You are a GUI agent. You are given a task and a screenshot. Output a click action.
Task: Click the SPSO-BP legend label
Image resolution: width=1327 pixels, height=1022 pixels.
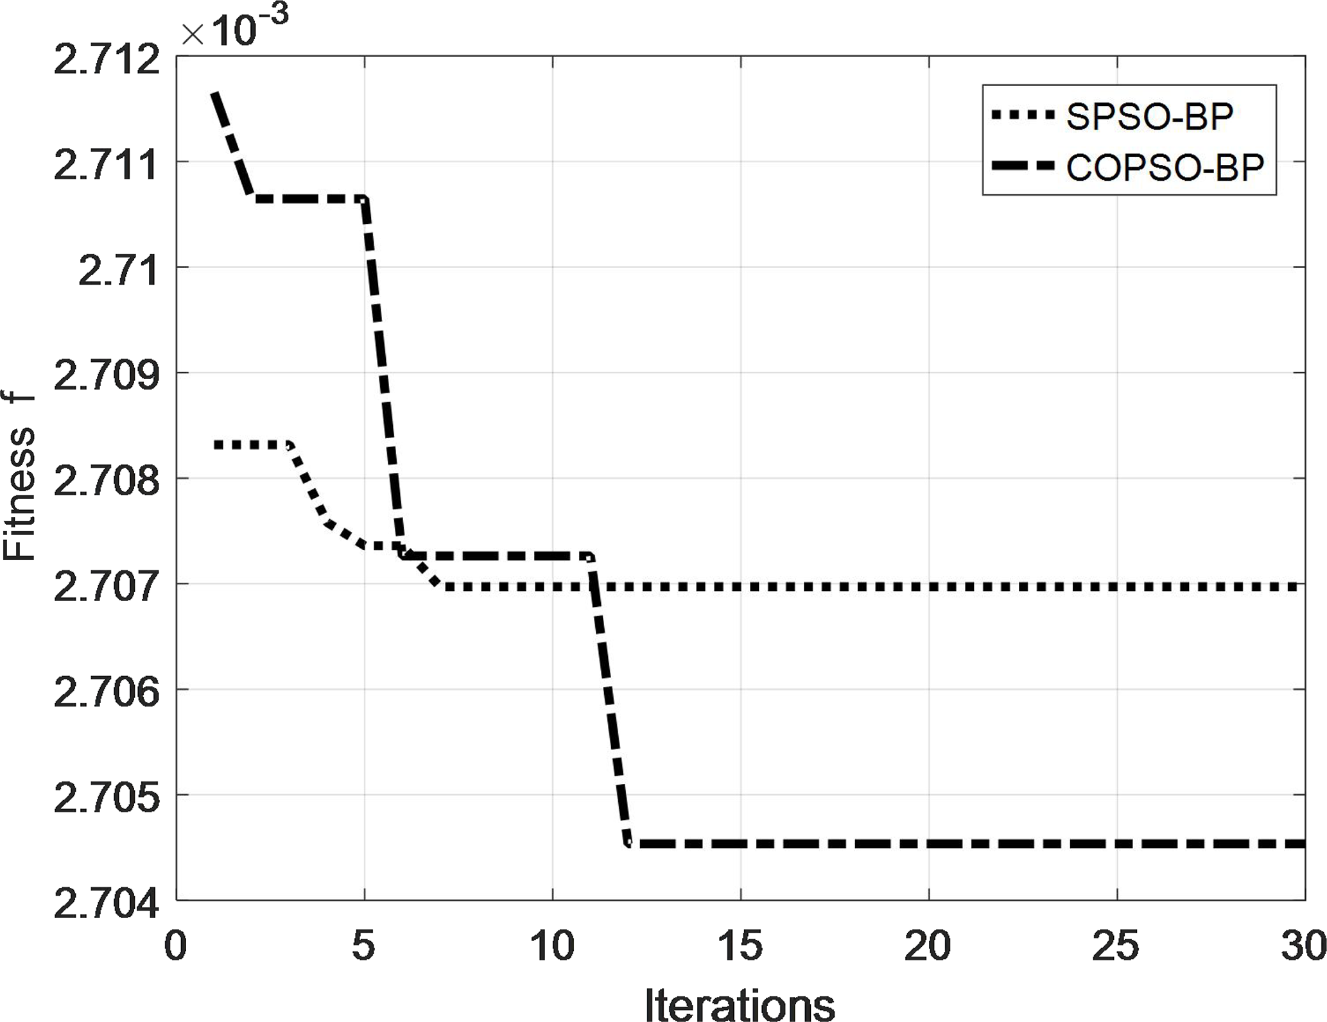coord(1149,116)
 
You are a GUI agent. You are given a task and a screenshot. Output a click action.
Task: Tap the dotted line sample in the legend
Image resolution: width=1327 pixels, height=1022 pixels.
coord(1023,115)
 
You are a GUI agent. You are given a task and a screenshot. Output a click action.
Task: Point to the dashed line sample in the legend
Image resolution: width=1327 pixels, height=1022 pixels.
coord(1023,166)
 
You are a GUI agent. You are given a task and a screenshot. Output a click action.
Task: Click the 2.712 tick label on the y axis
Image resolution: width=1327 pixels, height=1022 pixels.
coord(106,62)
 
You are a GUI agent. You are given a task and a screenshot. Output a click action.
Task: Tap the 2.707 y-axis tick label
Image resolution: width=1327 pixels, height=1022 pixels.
coord(106,588)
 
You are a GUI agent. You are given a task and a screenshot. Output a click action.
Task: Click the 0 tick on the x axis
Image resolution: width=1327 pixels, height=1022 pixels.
coord(175,946)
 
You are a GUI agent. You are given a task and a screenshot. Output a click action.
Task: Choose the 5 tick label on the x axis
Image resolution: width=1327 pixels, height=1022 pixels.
coord(363,946)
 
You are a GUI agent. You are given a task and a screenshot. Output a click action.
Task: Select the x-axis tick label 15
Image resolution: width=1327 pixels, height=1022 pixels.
coord(740,946)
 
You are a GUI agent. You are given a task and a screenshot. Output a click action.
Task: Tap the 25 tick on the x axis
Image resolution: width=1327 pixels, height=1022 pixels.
coord(1116,946)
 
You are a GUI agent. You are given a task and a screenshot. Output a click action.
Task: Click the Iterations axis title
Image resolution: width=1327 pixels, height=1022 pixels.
coord(740,1002)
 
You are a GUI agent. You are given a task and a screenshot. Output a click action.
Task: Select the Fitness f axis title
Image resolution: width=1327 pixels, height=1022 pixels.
coord(19,478)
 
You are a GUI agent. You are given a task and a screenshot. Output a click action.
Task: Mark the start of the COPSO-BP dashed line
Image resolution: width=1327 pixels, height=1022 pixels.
coord(214,94)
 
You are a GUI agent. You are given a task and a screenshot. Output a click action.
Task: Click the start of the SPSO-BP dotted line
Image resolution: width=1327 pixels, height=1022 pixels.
coord(216,445)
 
